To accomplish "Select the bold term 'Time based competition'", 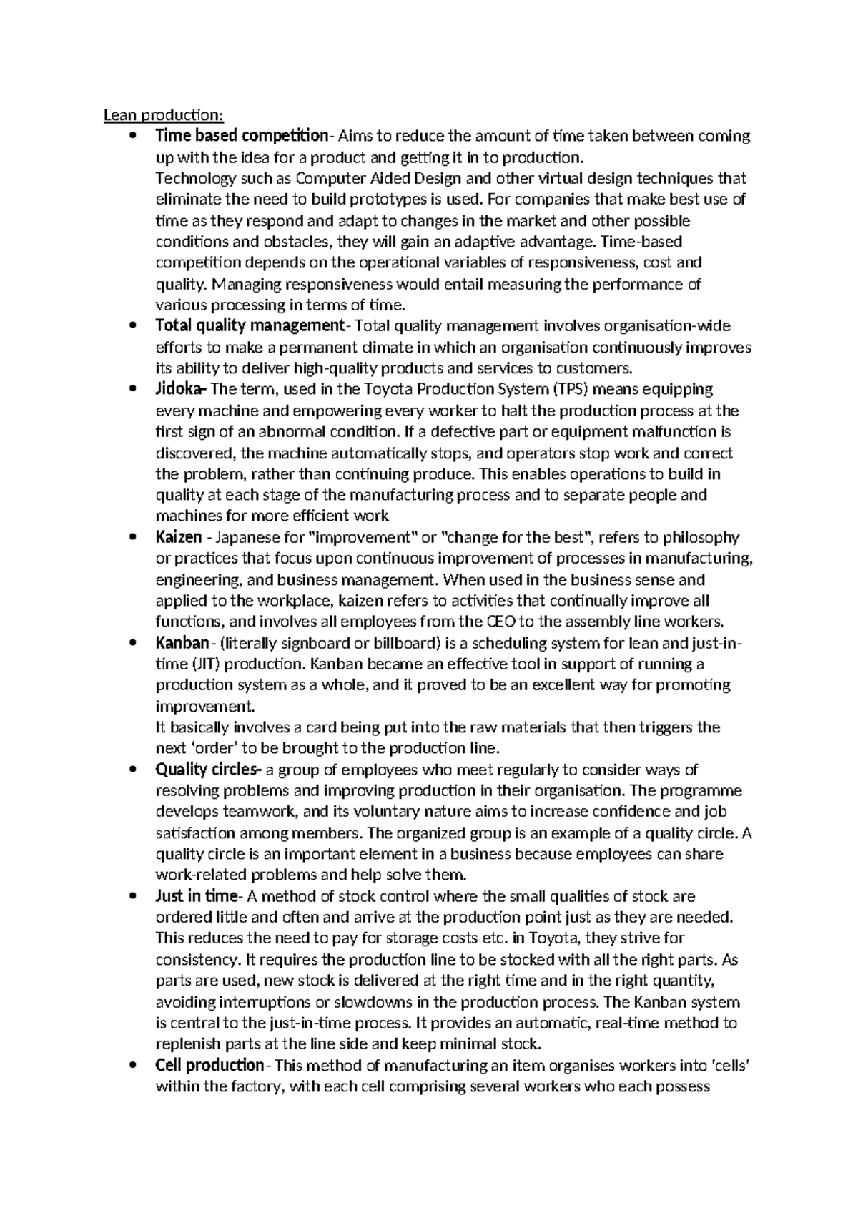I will click(x=241, y=136).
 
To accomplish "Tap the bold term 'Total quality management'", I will click(x=250, y=326).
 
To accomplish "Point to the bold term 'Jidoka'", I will click(x=179, y=390).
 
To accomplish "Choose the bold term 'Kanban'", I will click(x=182, y=643).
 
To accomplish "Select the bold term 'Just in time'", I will click(x=196, y=896).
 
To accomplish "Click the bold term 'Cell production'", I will click(x=209, y=1066).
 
